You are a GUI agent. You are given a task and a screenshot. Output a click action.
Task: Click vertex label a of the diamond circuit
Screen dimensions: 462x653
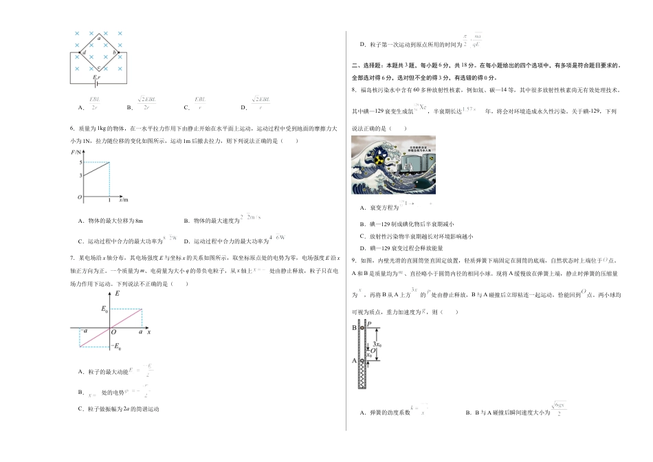99,39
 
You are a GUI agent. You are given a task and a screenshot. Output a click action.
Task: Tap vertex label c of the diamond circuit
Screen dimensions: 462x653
99,67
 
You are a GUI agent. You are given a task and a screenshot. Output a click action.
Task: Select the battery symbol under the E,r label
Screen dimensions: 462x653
96,85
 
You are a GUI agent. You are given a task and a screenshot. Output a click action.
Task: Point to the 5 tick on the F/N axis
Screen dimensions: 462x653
80,162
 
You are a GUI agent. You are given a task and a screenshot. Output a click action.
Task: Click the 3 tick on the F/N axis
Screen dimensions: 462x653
80,175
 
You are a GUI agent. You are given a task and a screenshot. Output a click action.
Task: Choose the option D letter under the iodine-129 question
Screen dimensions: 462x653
362,248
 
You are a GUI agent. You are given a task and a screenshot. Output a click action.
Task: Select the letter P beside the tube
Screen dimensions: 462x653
369,323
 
